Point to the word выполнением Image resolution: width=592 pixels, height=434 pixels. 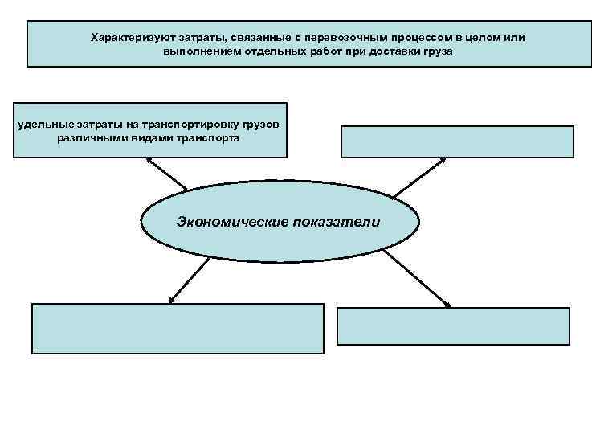[x=194, y=51]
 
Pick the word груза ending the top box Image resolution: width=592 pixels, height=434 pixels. [x=439, y=51]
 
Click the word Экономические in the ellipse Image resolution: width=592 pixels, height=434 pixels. [x=228, y=221]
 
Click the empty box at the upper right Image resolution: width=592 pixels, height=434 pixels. [x=458, y=141]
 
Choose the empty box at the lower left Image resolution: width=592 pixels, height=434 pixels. [x=178, y=327]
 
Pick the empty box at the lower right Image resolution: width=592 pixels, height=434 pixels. [x=453, y=325]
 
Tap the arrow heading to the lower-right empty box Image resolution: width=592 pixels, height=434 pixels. [x=416, y=277]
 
